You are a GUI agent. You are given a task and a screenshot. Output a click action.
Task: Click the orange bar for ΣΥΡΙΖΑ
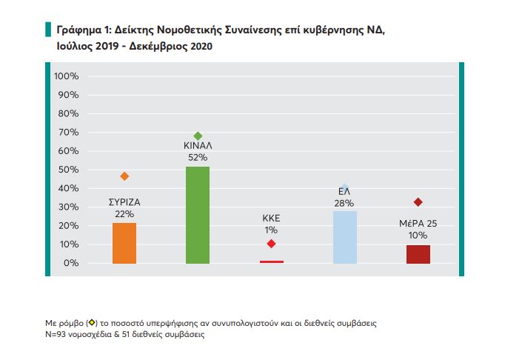point(124,243)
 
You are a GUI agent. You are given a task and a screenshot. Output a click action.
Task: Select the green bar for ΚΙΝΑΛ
point(197,215)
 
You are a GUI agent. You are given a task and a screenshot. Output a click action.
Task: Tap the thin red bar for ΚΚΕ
point(271,261)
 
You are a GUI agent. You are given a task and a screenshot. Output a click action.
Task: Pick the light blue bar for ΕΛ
point(344,237)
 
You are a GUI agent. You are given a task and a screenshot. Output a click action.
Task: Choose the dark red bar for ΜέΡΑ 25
point(418,254)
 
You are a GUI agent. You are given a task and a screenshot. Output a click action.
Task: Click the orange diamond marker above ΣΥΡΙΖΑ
point(124,176)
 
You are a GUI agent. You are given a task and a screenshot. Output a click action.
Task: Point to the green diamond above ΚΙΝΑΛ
point(198,136)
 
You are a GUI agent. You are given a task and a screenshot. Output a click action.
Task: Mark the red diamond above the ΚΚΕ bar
point(271,244)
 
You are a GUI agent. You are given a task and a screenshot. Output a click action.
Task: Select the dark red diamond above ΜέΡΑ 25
point(418,202)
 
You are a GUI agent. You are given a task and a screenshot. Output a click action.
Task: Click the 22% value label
point(124,213)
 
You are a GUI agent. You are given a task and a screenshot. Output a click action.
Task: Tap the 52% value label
point(197,157)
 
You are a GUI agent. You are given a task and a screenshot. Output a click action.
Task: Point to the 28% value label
point(344,202)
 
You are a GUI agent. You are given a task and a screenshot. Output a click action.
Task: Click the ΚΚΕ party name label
point(271,219)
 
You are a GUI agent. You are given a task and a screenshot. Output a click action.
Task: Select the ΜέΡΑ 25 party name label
point(418,223)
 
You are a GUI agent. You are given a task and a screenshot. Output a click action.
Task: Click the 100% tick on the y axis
point(67,76)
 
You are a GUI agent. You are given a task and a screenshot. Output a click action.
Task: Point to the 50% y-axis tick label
point(69,170)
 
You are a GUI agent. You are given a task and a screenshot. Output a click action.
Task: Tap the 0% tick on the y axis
point(71,263)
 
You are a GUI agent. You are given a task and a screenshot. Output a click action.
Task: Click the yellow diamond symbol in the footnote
point(92,323)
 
